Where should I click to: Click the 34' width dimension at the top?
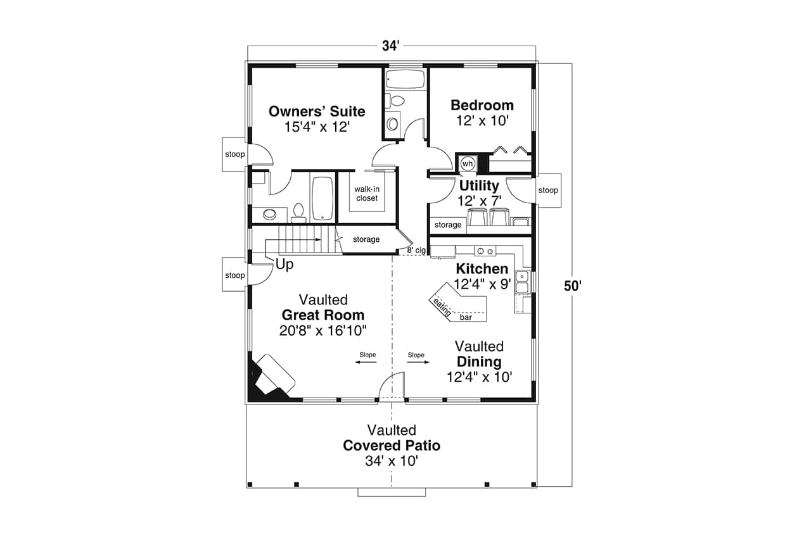tap(391, 46)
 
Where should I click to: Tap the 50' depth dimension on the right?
tap(572, 286)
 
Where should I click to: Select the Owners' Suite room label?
tap(317, 111)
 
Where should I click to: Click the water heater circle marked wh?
tap(467, 164)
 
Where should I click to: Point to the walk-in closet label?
tap(367, 194)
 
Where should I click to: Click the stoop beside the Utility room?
tap(548, 191)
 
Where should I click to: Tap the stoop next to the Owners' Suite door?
tap(234, 154)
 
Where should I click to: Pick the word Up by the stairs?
tap(284, 265)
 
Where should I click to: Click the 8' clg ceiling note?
tap(416, 250)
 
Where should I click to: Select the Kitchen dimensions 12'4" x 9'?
tap(482, 284)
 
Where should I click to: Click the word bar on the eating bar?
tap(466, 317)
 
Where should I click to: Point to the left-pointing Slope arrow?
tap(366, 362)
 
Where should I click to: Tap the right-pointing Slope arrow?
tap(419, 362)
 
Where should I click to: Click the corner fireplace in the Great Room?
tap(272, 378)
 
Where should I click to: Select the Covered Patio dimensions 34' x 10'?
tap(392, 461)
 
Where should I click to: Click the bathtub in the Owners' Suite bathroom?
tap(322, 198)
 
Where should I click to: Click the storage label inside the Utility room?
tap(448, 225)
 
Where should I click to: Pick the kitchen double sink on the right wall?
tap(522, 282)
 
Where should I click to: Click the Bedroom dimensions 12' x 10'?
tap(482, 121)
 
